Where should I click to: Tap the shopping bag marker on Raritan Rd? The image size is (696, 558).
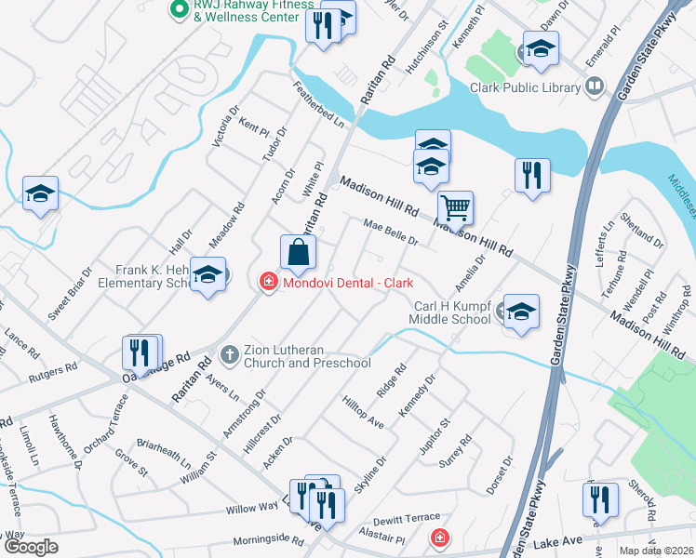298,251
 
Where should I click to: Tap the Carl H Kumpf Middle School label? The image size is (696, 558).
452,312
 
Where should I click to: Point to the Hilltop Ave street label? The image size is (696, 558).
363,408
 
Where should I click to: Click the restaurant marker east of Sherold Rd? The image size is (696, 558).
600,499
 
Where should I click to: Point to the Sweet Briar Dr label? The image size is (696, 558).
71,294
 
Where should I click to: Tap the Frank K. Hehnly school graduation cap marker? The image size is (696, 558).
208,274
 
